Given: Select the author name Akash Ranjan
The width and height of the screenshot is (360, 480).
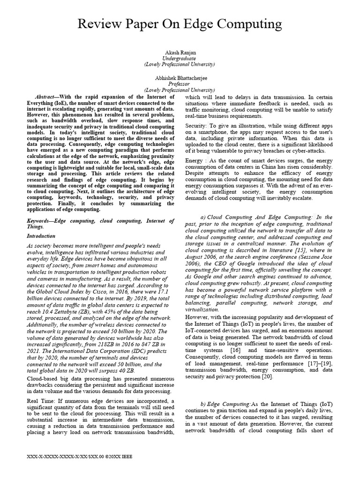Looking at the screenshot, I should [x=180, y=53].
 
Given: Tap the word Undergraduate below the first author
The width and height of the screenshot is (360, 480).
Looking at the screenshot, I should [x=180, y=59].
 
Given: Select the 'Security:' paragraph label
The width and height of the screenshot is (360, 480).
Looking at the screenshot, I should [x=196, y=126].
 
